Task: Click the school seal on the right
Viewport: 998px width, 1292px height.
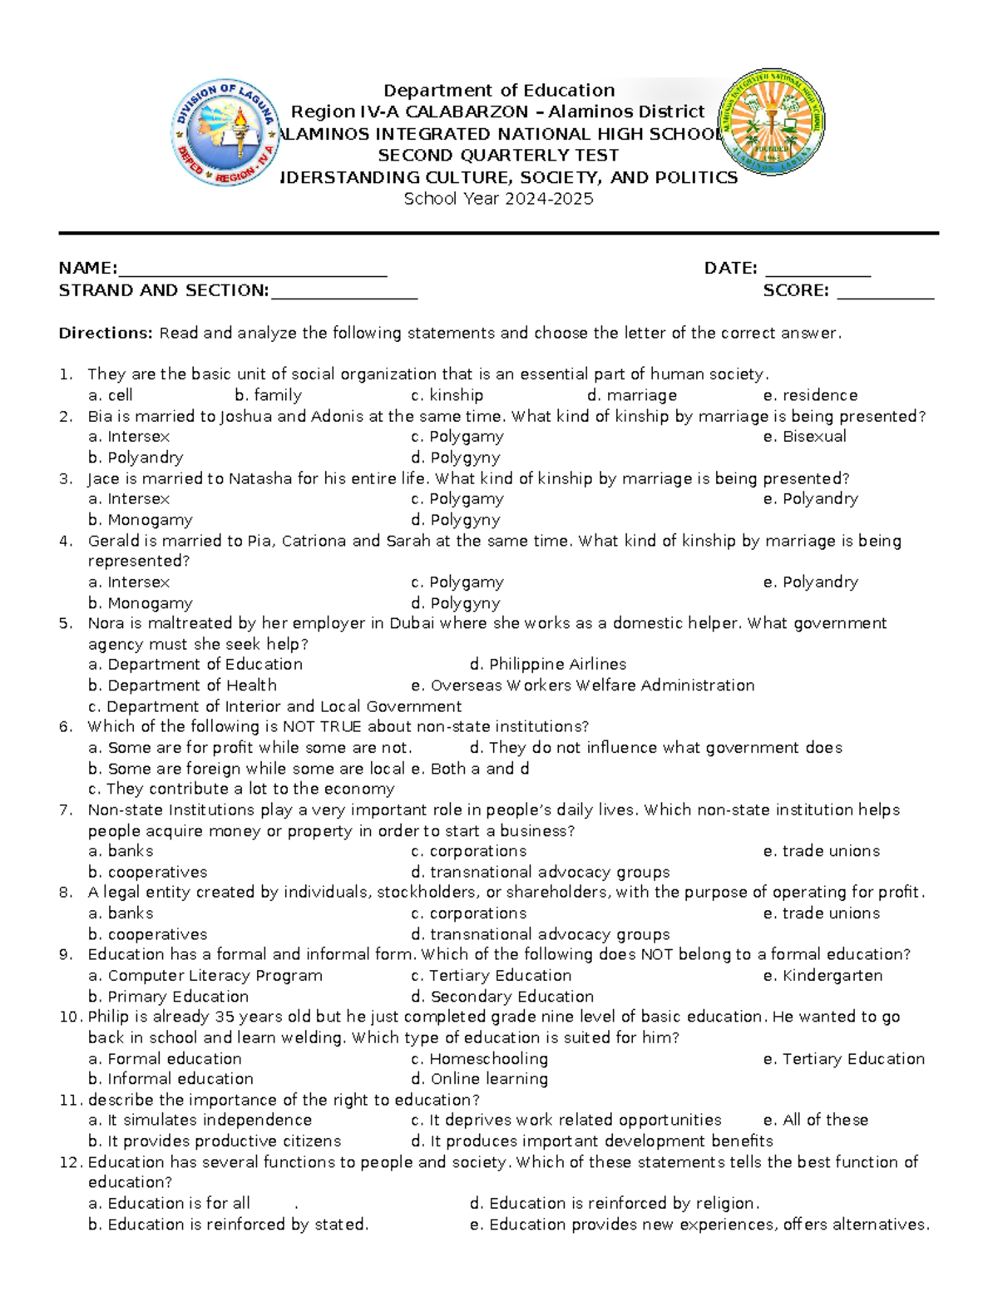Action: (772, 121)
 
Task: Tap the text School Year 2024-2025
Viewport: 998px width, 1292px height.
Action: (498, 199)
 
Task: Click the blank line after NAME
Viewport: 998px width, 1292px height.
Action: (252, 270)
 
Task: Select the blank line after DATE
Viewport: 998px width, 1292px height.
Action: (818, 270)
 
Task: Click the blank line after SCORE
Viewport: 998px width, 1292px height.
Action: (885, 291)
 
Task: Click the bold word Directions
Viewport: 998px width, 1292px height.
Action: (106, 334)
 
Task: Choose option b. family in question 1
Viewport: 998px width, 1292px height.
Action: (268, 395)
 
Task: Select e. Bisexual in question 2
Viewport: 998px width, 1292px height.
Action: (804, 437)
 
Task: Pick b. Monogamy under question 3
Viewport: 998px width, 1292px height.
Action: (141, 520)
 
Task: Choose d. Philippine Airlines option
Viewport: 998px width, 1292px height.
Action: (547, 665)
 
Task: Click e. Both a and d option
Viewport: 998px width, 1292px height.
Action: (470, 769)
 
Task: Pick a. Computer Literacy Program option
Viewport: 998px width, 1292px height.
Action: (205, 976)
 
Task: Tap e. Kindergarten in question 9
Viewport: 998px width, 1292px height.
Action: (823, 976)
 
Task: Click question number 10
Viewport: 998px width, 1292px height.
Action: (70, 1017)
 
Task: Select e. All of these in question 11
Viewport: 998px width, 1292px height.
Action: (815, 1121)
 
